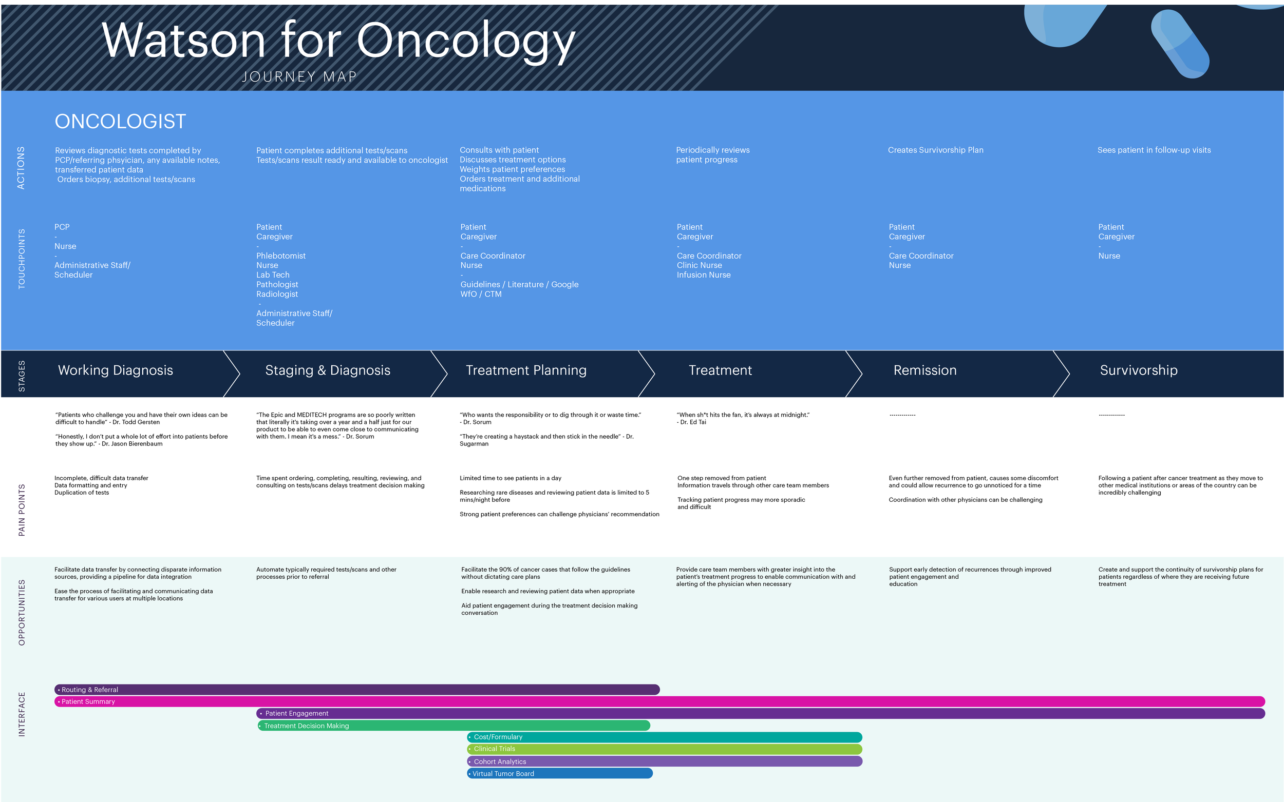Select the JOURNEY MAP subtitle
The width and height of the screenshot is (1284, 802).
(299, 77)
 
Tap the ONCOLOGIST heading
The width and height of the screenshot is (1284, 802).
(121, 122)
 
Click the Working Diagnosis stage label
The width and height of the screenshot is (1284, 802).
(115, 370)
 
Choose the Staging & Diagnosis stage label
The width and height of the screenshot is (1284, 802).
(328, 370)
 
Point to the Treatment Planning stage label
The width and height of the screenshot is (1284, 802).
(526, 370)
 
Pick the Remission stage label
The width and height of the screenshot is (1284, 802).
(924, 370)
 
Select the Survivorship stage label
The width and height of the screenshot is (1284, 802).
(1138, 370)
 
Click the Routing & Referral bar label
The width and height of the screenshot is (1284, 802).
(90, 690)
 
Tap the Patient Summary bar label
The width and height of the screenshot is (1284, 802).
(88, 701)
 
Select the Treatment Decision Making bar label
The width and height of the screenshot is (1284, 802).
(306, 726)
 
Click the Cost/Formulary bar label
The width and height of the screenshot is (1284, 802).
(498, 737)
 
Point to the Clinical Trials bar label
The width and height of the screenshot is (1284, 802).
(494, 749)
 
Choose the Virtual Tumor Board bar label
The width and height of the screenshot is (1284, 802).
(503, 773)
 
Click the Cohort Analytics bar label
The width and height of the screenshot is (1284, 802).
(500, 761)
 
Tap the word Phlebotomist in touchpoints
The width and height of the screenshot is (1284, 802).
(281, 256)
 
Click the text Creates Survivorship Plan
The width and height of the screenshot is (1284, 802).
(935, 150)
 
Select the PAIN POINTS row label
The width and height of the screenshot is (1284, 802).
(22, 510)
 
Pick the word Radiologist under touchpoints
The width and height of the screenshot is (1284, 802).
(277, 294)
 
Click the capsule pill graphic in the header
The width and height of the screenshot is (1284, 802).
(1180, 44)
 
